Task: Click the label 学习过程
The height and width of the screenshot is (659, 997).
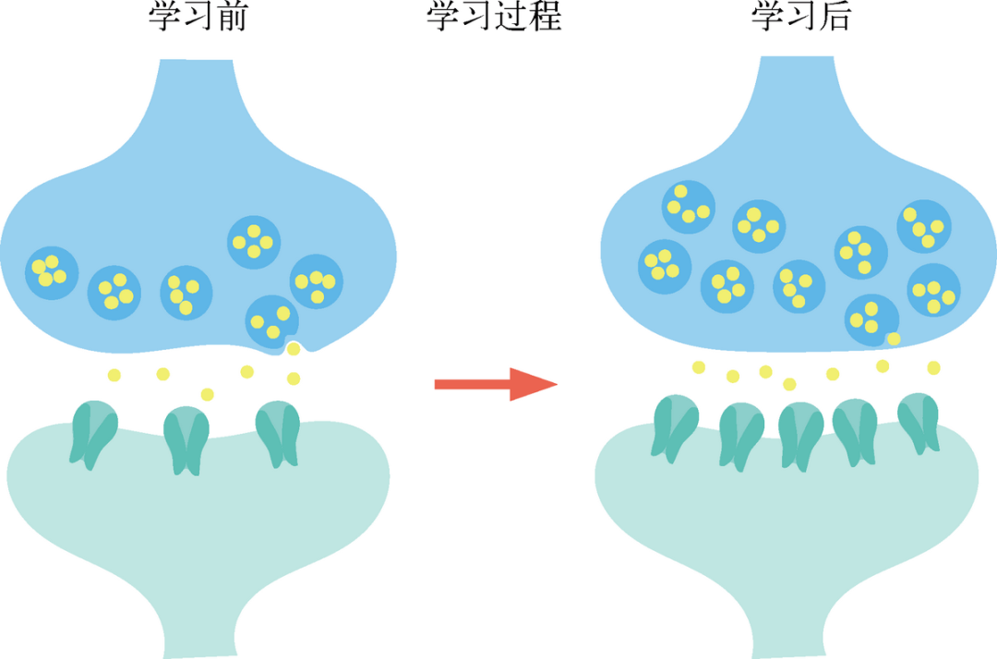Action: click(495, 17)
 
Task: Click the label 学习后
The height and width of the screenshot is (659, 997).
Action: click(799, 17)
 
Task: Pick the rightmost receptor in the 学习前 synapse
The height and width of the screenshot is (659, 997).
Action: click(278, 433)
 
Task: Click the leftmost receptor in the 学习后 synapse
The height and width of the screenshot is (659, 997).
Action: click(674, 425)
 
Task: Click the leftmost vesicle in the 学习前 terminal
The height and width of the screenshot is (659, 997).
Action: click(50, 271)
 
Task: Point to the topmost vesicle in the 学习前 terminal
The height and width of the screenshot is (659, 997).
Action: click(253, 242)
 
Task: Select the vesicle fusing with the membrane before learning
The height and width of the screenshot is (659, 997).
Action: click(272, 321)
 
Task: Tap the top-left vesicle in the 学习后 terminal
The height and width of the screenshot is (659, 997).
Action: click(689, 206)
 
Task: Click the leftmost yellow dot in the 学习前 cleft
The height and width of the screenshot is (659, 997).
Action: click(114, 375)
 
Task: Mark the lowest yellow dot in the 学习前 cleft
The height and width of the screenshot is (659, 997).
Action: click(207, 394)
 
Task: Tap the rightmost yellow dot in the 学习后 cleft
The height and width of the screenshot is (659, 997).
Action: click(933, 367)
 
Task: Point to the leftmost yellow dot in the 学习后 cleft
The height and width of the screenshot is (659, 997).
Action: click(699, 367)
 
